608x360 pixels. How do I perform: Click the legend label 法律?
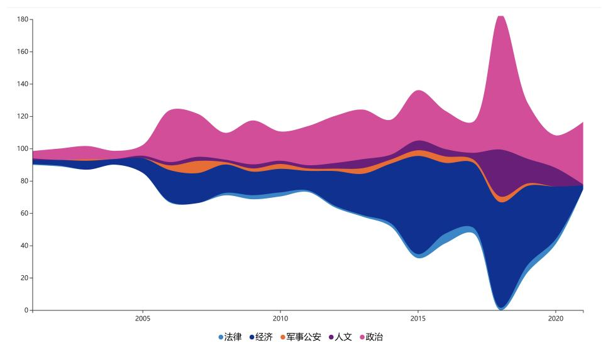pos(233,337)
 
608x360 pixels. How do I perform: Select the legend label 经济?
pos(264,337)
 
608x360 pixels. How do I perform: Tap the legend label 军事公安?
pos(304,337)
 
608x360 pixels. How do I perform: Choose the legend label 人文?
pos(343,337)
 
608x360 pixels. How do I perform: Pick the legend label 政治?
pos(374,337)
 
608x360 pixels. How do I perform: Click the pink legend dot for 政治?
pos(362,337)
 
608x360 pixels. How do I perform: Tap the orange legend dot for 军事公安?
pos(283,337)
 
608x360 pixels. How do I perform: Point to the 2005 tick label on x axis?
pos(143,319)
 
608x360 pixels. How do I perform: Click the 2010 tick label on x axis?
pos(280,319)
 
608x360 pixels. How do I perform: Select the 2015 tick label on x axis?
pos(418,319)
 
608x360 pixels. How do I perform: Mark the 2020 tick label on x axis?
pos(556,319)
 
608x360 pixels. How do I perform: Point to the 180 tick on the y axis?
pos(23,19)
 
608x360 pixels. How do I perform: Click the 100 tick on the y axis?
pos(23,149)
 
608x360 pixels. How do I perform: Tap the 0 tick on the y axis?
pos(26,310)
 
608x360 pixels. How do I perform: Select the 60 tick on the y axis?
pos(24,214)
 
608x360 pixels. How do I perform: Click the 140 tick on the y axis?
pos(23,84)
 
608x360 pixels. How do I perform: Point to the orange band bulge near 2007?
pos(195,166)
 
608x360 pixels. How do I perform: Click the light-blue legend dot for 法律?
pos(221,337)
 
